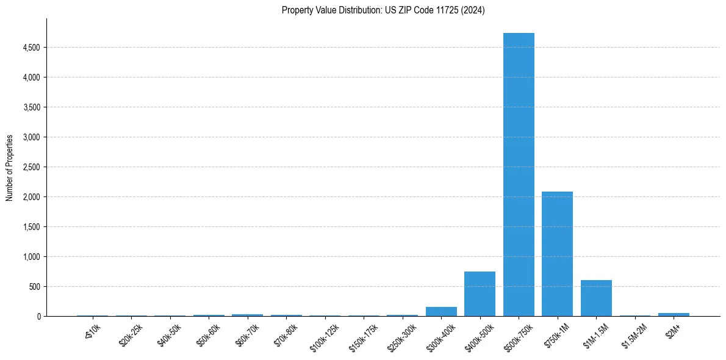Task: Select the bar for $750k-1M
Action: click(557, 254)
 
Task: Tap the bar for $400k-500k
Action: click(480, 294)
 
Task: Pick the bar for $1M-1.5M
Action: click(596, 298)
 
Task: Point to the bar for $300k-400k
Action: click(441, 311)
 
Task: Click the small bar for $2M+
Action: click(674, 314)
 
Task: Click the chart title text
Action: click(383, 10)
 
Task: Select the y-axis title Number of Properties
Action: click(10, 167)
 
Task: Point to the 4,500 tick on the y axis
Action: click(32, 48)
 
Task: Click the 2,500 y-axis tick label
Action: click(32, 167)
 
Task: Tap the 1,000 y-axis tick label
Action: click(32, 257)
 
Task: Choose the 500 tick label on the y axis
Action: click(35, 287)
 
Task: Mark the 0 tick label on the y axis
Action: click(38, 317)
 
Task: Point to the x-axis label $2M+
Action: click(672, 329)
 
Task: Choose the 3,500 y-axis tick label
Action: click(32, 107)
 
